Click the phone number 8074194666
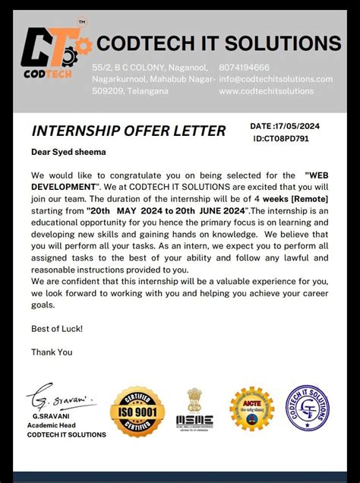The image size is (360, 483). click(x=244, y=68)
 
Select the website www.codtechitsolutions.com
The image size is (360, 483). click(x=266, y=91)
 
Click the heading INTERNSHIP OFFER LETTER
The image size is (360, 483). click(x=128, y=131)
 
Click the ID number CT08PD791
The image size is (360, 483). click(x=281, y=139)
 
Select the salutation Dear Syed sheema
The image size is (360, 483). click(x=68, y=152)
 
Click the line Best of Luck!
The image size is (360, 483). click(x=57, y=329)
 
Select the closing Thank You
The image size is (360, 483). click(x=52, y=352)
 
